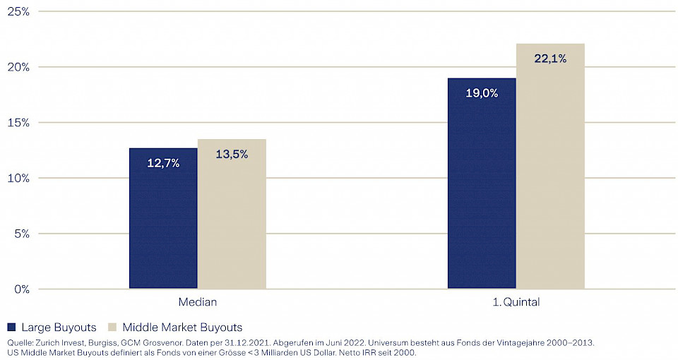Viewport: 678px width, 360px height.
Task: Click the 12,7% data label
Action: [x=163, y=163]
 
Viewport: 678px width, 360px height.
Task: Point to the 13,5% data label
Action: [x=232, y=154]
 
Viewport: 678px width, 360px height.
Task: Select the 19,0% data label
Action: [x=482, y=92]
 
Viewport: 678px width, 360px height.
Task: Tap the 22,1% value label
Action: [x=550, y=59]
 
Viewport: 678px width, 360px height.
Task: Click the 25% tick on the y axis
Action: [x=17, y=11]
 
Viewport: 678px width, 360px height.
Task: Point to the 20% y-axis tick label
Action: [x=17, y=67]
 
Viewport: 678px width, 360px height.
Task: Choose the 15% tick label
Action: [x=17, y=122]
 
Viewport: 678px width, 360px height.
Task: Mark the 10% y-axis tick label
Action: [x=17, y=178]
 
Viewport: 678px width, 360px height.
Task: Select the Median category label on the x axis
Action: [x=198, y=302]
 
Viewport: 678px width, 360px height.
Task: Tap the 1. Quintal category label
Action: [x=516, y=302]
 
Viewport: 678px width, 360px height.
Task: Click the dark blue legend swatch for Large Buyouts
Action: [x=11, y=327]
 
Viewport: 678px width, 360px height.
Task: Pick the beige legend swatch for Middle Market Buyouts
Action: [x=112, y=327]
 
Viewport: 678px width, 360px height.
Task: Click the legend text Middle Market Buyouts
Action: [x=182, y=327]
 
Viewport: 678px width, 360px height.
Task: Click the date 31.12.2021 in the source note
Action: [x=250, y=342]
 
